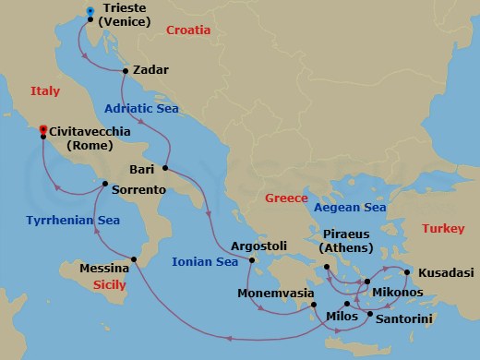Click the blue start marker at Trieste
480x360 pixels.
(x=90, y=12)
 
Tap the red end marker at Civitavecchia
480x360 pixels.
(x=42, y=131)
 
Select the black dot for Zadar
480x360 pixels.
(x=126, y=70)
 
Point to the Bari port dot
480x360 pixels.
(x=165, y=168)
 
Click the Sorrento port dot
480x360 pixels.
(x=105, y=183)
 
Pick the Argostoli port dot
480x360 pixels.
(x=250, y=261)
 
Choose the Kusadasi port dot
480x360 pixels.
(x=407, y=272)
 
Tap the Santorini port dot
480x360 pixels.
(x=370, y=315)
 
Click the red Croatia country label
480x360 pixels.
(x=188, y=30)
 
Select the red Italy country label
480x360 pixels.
(x=45, y=90)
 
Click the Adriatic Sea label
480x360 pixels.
(x=141, y=108)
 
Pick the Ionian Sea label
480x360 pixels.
(x=205, y=262)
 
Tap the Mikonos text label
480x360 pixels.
(x=400, y=293)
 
